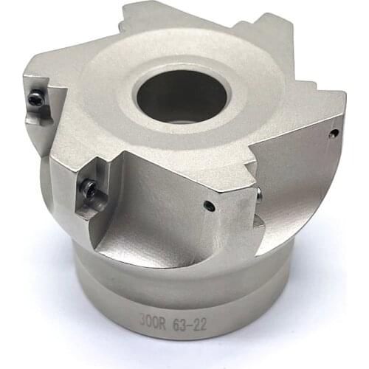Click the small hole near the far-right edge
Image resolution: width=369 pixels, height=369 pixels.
[x=334, y=134]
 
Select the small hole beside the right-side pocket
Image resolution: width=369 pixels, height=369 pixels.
[x=210, y=207]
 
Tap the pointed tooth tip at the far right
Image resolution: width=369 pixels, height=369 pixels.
[x=342, y=96]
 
